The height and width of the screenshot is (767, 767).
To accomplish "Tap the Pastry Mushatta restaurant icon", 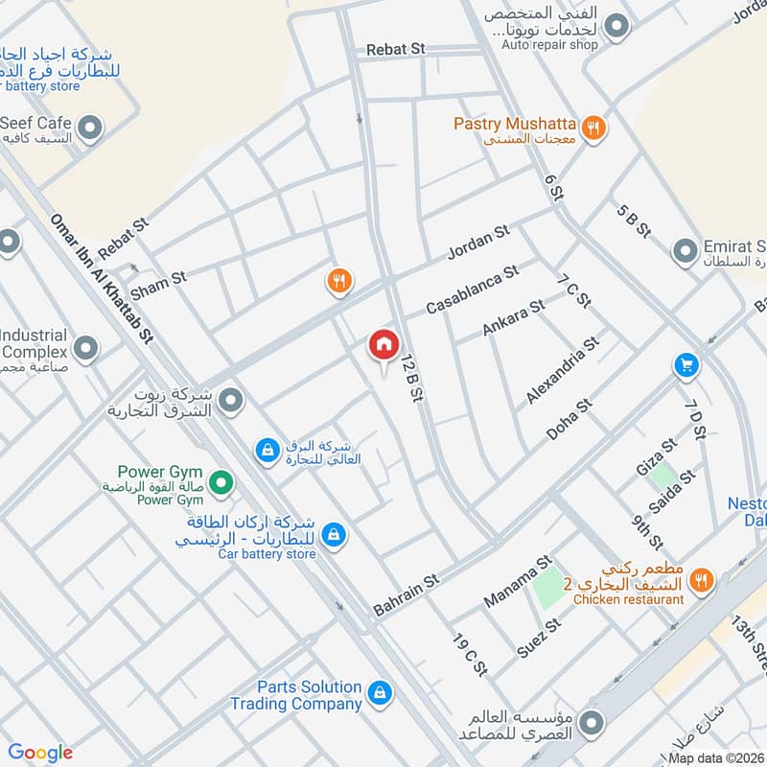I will coord(593,126).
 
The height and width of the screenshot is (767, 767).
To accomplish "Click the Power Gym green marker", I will coord(221,482).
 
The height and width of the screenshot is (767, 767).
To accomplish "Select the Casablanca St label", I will coord(472,291).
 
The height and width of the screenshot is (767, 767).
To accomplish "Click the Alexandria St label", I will coord(563,370).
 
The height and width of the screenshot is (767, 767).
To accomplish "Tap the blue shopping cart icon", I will coord(686,365).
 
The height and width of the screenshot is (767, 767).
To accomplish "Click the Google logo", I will coord(40,753).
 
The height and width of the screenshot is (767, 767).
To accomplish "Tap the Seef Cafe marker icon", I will coord(90,127).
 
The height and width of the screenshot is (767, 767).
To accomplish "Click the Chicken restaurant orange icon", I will coord(701,580).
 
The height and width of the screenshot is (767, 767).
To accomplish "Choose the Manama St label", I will coord(519,581).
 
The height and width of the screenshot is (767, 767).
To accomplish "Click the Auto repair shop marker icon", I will coord(616,28).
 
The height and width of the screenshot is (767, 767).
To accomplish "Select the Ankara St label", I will coord(513,317).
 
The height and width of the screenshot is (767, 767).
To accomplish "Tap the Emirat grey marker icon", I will coord(685,252).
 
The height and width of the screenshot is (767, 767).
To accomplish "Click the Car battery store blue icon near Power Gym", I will coord(334,534).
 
